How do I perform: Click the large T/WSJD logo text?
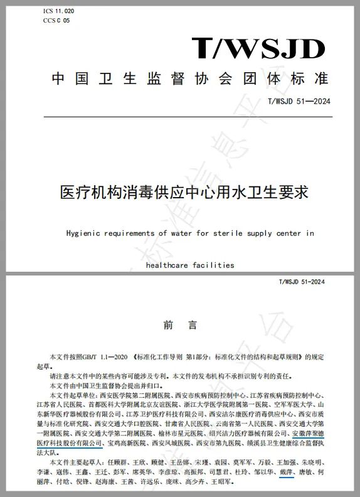coord(258,48)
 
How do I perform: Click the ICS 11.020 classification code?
coord(58,12)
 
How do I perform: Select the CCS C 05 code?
coord(56,21)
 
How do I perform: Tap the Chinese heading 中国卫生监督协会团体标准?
coord(190,79)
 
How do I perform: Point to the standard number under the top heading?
coord(299,102)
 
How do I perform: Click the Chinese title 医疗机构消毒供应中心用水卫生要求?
coord(184,191)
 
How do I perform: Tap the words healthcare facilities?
coord(190,265)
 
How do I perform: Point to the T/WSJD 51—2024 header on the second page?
coord(302,282)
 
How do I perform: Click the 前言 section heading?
coord(180,325)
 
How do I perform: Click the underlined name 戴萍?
coord(286,471)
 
